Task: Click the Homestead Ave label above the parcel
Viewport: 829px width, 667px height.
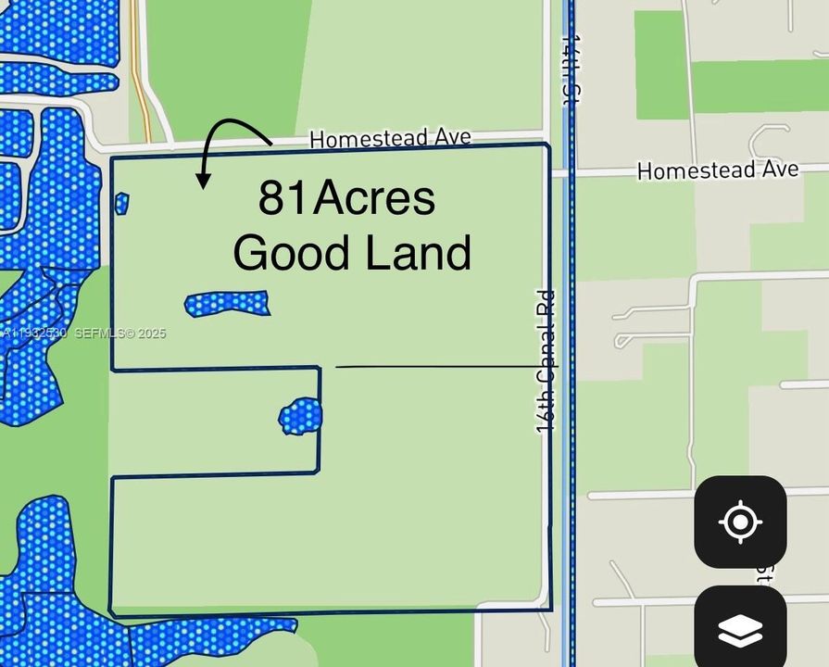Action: point(390,139)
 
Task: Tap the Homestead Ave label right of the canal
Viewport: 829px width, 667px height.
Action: point(718,170)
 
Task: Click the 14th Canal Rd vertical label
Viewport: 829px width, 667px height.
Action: point(546,361)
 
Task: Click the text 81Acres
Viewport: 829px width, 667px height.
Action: point(346,198)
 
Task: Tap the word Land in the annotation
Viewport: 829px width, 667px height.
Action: point(419,253)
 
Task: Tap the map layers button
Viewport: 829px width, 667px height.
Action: point(739,630)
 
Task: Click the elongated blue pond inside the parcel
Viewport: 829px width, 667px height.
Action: point(227,303)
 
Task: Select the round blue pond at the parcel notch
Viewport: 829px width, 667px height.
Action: point(301,416)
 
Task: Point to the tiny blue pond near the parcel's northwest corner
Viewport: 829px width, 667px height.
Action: point(121,203)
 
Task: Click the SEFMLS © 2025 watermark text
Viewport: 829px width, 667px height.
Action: point(119,333)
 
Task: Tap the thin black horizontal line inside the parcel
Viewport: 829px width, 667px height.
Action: point(435,367)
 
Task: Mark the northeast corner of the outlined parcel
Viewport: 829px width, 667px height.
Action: point(549,145)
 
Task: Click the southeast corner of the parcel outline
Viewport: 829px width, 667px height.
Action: point(551,610)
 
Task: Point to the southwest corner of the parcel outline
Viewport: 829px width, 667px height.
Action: point(111,613)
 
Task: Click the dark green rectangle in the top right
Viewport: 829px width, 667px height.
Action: point(661,65)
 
